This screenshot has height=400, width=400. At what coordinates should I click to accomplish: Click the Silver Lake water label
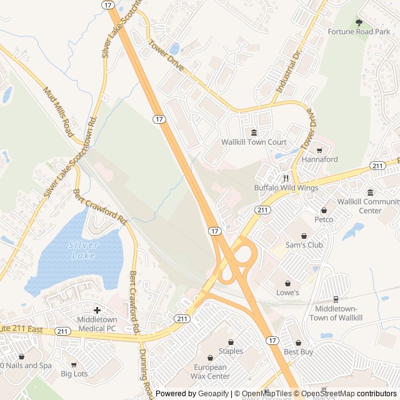tap(83, 250)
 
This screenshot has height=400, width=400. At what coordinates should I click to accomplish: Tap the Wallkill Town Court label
tap(254, 142)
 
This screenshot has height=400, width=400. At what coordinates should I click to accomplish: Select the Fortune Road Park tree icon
tap(359, 22)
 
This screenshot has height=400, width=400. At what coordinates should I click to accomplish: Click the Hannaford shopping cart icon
tap(319, 151)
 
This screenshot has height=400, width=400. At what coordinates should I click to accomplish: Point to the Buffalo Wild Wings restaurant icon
tap(286, 178)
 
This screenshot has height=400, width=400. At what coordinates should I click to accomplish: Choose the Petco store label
tap(324, 219)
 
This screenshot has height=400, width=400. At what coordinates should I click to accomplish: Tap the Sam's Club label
tap(304, 245)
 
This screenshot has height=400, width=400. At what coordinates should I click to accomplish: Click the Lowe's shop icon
tap(287, 283)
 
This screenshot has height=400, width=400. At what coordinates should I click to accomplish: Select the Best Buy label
tap(298, 352)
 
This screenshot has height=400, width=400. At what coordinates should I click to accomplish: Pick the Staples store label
tap(231, 352)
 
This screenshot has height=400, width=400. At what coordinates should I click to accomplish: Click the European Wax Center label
tap(211, 372)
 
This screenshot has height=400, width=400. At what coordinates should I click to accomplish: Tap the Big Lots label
tap(74, 374)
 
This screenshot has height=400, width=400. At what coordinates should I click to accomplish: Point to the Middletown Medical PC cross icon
tap(97, 310)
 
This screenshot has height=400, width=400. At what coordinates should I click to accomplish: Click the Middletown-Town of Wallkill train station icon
tap(336, 299)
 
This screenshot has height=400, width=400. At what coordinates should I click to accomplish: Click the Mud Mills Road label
tap(58, 112)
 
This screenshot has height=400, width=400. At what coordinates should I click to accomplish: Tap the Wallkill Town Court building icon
tap(254, 132)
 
